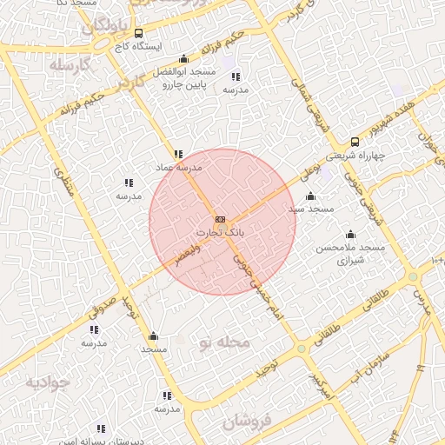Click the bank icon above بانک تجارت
220,219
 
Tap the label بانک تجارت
220,233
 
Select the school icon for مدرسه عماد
178,154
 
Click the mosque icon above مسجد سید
311,196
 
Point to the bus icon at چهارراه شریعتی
354,142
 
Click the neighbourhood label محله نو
224,342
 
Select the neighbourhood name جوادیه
46,382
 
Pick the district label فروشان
247,422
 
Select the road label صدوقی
102,309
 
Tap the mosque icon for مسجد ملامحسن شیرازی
350,234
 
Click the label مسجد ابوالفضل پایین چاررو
183,79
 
